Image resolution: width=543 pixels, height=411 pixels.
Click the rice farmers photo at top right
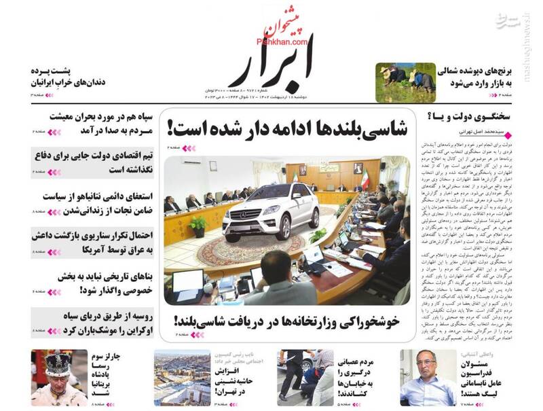pyautogui.click(x=405, y=82)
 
